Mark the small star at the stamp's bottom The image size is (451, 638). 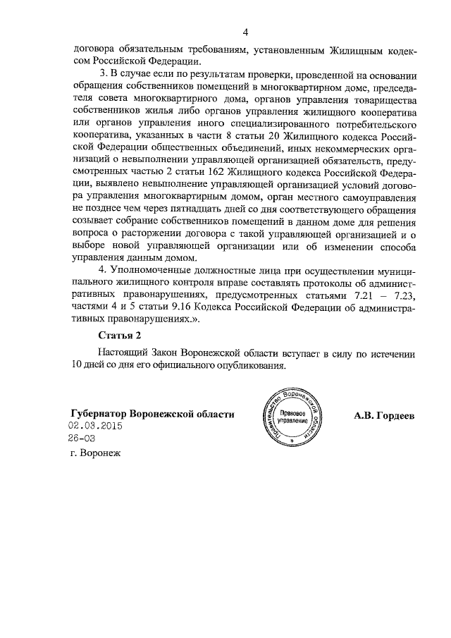point(292,448)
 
